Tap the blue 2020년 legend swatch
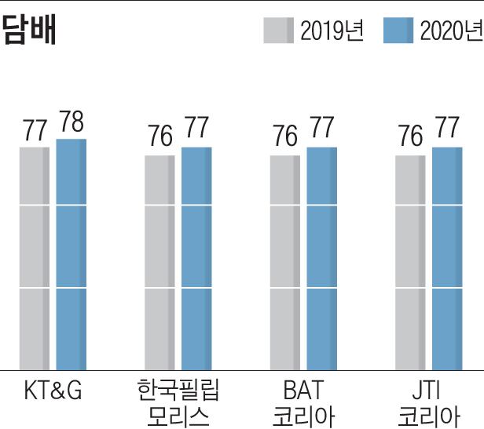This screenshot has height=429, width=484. (x=398, y=31)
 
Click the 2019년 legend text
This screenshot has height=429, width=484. (x=331, y=31)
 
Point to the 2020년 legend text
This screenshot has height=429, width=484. (x=450, y=31)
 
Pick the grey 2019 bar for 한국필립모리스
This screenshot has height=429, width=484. (x=159, y=262)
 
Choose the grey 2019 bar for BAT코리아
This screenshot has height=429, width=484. (x=285, y=262)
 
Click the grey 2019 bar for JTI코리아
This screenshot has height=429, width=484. (x=410, y=262)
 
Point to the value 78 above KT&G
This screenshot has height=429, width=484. (x=71, y=123)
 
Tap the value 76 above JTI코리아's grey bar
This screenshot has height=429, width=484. (x=410, y=136)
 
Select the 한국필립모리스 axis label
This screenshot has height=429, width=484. (x=178, y=402)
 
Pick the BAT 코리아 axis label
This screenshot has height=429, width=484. (x=303, y=402)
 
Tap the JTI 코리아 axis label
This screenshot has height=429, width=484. (x=429, y=402)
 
